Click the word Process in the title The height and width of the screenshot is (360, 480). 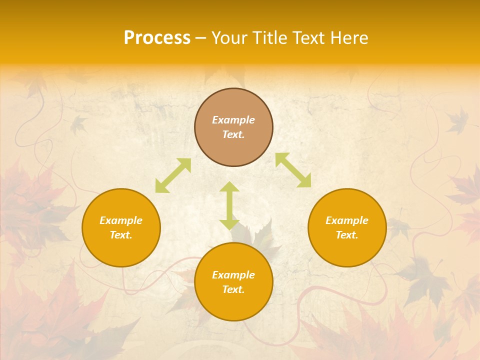point(157,38)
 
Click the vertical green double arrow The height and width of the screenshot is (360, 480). point(229,206)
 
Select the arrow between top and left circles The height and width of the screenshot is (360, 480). point(173,175)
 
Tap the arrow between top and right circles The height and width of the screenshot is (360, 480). point(293,170)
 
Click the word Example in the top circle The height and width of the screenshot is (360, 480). point(233,120)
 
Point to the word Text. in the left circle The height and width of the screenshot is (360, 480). point(121,235)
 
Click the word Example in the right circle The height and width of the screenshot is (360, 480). point(347,220)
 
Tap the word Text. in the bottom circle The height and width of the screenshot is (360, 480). point(233,289)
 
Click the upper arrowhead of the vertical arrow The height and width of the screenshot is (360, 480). point(229,187)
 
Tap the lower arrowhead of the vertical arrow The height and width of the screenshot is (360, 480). point(229,224)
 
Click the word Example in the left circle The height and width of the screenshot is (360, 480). point(121,220)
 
